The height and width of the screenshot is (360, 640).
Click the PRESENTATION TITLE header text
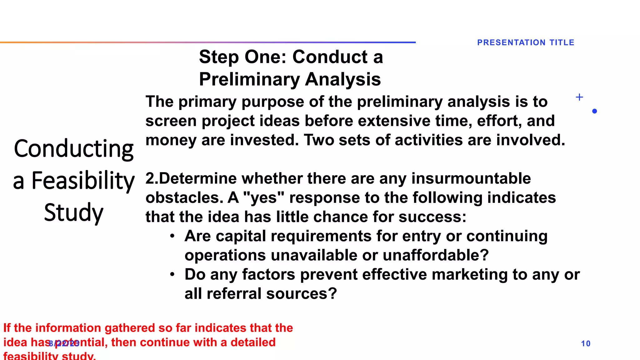[526, 42]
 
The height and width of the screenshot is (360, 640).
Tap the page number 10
[586, 344]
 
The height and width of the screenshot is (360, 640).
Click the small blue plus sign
[579, 97]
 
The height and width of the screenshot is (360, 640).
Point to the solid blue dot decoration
[594, 111]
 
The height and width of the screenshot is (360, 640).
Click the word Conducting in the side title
[74, 149]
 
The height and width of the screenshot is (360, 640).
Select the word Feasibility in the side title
[83, 181]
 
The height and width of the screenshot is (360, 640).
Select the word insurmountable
[471, 179]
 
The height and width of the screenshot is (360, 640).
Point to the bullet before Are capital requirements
[172, 236]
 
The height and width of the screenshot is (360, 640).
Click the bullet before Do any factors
[172, 274]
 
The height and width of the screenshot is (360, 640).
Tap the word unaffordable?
[435, 255]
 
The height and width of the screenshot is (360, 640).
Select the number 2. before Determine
[152, 179]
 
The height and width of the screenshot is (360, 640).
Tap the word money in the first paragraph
[170, 140]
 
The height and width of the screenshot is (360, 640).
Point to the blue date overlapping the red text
[64, 344]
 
